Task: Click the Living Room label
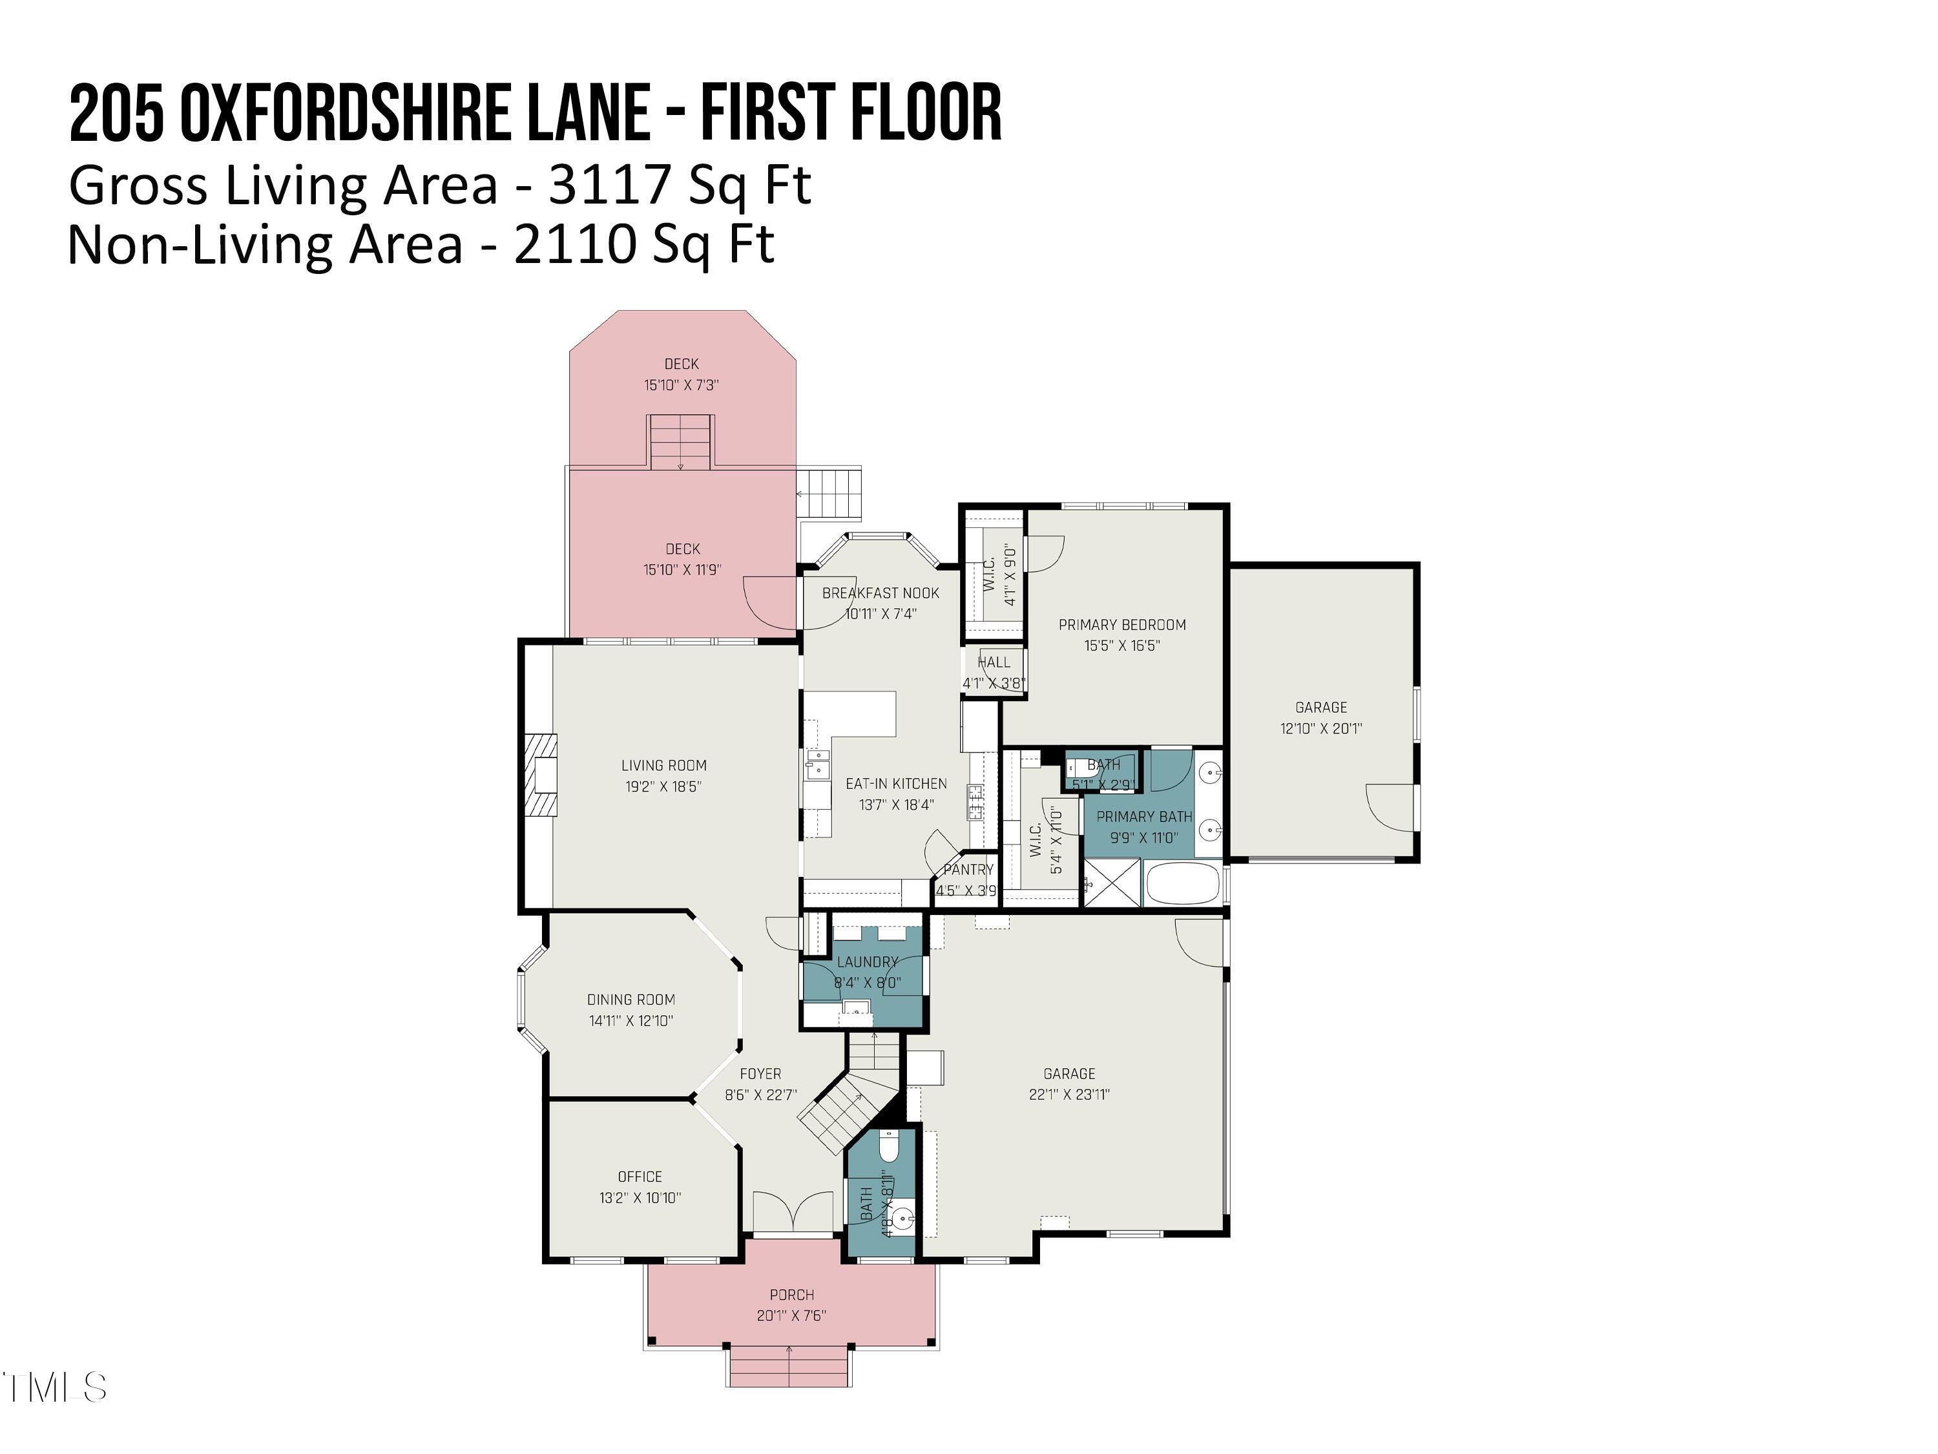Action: (x=663, y=765)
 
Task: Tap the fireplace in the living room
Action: (x=541, y=775)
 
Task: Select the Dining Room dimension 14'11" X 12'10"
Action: (x=630, y=1020)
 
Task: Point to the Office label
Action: (x=640, y=1176)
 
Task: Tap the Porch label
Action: (x=791, y=1294)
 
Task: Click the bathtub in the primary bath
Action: (x=1183, y=884)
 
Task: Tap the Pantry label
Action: (x=968, y=869)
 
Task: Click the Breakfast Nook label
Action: (x=880, y=593)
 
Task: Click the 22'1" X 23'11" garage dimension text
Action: (x=1069, y=1094)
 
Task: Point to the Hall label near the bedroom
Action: (x=994, y=662)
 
